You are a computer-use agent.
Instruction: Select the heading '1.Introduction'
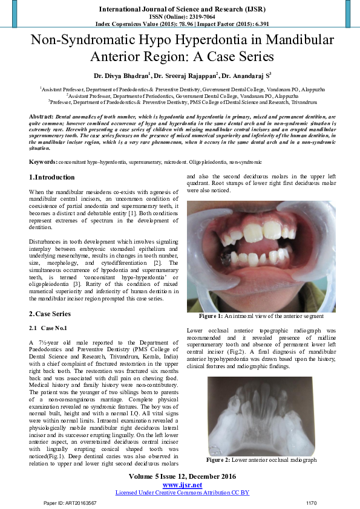[53, 177]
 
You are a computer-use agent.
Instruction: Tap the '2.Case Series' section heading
[50, 314]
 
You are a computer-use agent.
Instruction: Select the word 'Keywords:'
[44, 162]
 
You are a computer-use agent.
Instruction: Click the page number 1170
[311, 503]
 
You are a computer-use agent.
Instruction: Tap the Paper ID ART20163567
[65, 503]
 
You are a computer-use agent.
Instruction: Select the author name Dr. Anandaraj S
[244, 76]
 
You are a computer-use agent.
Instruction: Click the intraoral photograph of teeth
[260, 256]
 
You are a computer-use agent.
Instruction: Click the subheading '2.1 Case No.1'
[49, 328]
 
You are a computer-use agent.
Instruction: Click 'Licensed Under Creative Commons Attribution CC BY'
[182, 493]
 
